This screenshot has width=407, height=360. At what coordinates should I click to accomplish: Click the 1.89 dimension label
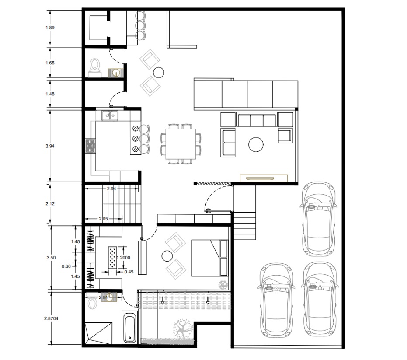pyautogui.click(x=50, y=28)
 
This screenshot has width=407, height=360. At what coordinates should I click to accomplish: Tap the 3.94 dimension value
pyautogui.click(x=50, y=146)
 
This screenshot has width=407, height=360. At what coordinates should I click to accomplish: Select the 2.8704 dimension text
pyautogui.click(x=51, y=318)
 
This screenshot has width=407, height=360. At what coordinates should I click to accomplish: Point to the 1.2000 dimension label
pyautogui.click(x=124, y=258)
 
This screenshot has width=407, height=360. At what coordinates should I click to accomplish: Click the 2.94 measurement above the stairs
pyautogui.click(x=111, y=189)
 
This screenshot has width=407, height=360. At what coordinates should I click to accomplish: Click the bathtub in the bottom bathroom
pyautogui.click(x=129, y=327)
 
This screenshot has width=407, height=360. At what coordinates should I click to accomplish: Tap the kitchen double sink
pyautogui.click(x=110, y=116)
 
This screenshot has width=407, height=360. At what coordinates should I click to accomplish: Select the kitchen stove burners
pyautogui.click(x=90, y=146)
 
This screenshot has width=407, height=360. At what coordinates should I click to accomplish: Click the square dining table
pyautogui.click(x=181, y=144)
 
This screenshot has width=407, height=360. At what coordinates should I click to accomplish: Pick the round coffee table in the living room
pyautogui.click(x=256, y=145)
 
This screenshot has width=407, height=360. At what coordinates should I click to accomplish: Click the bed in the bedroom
pyautogui.click(x=210, y=258)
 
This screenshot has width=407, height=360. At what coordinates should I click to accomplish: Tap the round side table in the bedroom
pyautogui.click(x=167, y=256)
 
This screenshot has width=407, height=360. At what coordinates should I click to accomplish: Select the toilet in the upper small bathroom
pyautogui.click(x=94, y=67)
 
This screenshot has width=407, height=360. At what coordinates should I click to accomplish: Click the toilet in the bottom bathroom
pyautogui.click(x=92, y=301)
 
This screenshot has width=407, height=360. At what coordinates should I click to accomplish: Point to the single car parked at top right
pyautogui.click(x=319, y=220)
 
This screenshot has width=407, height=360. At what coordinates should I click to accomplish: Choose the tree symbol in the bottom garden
pyautogui.click(x=183, y=327)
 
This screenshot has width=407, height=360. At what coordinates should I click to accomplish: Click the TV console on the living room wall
pyautogui.click(x=264, y=178)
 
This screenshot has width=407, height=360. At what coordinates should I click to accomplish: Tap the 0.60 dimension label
pyautogui.click(x=66, y=266)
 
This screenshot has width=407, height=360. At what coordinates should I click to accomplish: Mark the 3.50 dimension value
pyautogui.click(x=51, y=258)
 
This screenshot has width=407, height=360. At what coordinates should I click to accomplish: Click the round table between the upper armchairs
pyautogui.click(x=159, y=73)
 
